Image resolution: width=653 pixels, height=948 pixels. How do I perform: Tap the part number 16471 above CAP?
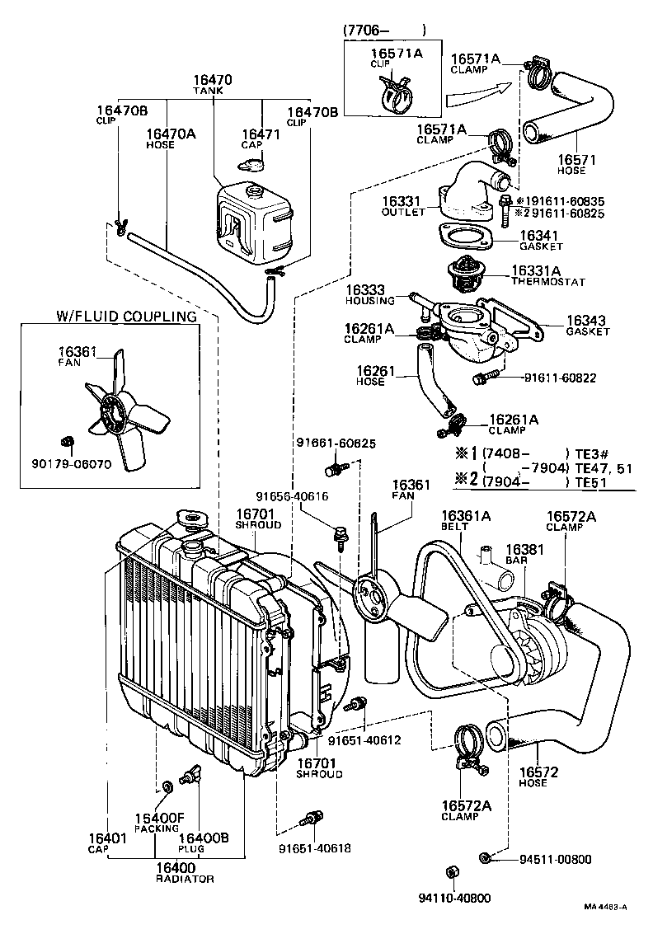coord(252,134)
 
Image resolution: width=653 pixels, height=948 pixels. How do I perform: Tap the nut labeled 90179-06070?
coord(69,439)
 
